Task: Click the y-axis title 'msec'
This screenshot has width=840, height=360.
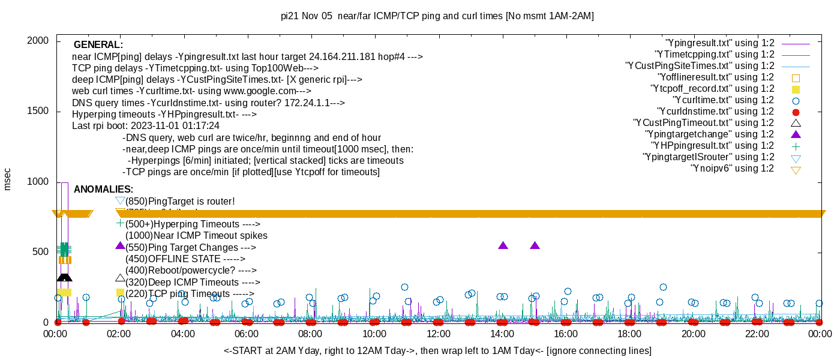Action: (x=8, y=179)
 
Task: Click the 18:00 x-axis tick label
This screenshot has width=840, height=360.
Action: (x=629, y=334)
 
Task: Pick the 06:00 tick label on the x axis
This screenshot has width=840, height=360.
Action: (x=247, y=334)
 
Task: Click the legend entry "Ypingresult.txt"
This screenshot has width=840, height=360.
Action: (x=720, y=43)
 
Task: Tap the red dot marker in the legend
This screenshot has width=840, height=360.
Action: (x=796, y=112)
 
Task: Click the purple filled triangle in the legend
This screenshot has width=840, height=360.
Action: (x=796, y=134)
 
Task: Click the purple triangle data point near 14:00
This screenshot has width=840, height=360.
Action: (x=503, y=245)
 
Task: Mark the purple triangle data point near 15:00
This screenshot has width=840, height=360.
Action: (x=535, y=245)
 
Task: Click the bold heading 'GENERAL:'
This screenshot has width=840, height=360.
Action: (x=98, y=45)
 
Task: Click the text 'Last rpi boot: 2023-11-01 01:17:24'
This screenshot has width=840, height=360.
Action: (x=146, y=126)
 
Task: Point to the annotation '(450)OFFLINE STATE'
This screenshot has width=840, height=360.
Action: (x=185, y=259)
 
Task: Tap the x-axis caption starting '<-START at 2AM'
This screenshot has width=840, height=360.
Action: (x=437, y=350)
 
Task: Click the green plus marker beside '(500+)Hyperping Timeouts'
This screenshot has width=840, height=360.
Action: (x=120, y=223)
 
